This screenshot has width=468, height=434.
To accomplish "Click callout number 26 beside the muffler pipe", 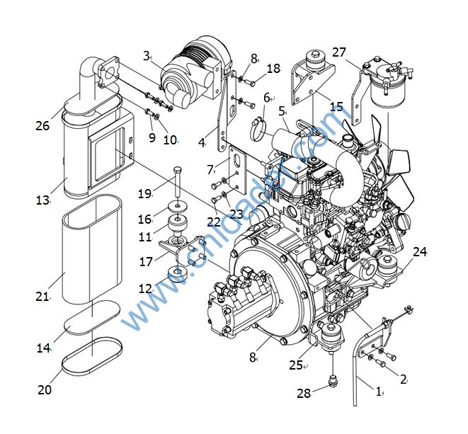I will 42,126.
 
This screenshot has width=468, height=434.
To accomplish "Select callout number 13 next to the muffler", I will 42,200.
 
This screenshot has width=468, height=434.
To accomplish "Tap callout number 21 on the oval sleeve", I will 42,296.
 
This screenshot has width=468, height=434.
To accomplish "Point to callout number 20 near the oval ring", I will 44,389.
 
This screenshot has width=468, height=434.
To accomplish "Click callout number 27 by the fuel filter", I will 338,52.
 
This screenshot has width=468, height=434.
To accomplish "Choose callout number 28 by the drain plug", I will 304,393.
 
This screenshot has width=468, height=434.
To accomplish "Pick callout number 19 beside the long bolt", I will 144,193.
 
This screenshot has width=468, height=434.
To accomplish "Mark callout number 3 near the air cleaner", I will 147,55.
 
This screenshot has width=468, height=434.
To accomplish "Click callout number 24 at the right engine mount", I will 420,251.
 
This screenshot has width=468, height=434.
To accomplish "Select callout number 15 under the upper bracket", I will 336,106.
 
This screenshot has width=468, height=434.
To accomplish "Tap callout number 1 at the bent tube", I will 378,391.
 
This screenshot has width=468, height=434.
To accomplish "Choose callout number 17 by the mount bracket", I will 147,261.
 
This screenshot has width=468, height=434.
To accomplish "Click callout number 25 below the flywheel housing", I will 297,365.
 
